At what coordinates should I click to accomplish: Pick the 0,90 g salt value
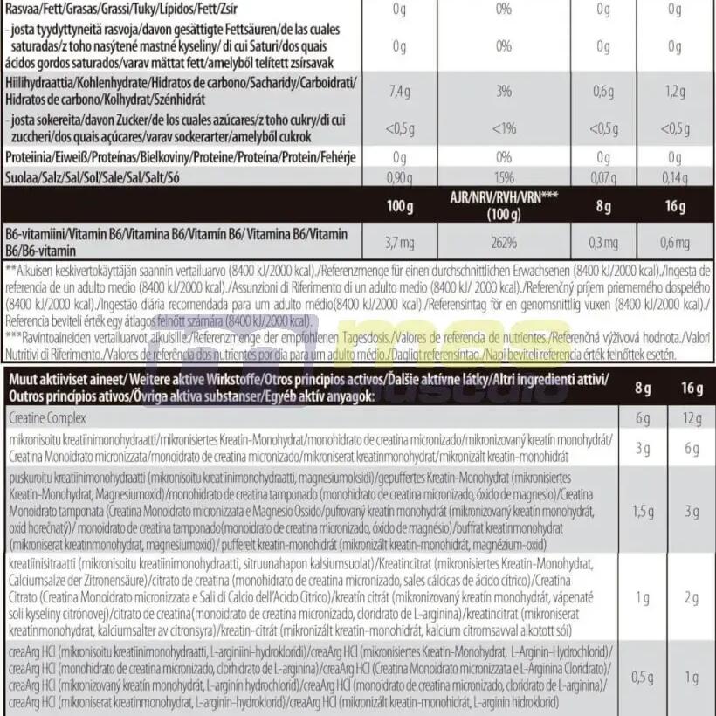tap(399, 176)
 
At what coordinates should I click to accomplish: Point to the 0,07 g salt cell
tap(603, 176)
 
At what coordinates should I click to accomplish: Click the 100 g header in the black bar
tap(399, 208)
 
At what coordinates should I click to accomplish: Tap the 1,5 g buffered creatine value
tap(643, 511)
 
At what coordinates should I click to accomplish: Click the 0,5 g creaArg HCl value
tap(643, 678)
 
